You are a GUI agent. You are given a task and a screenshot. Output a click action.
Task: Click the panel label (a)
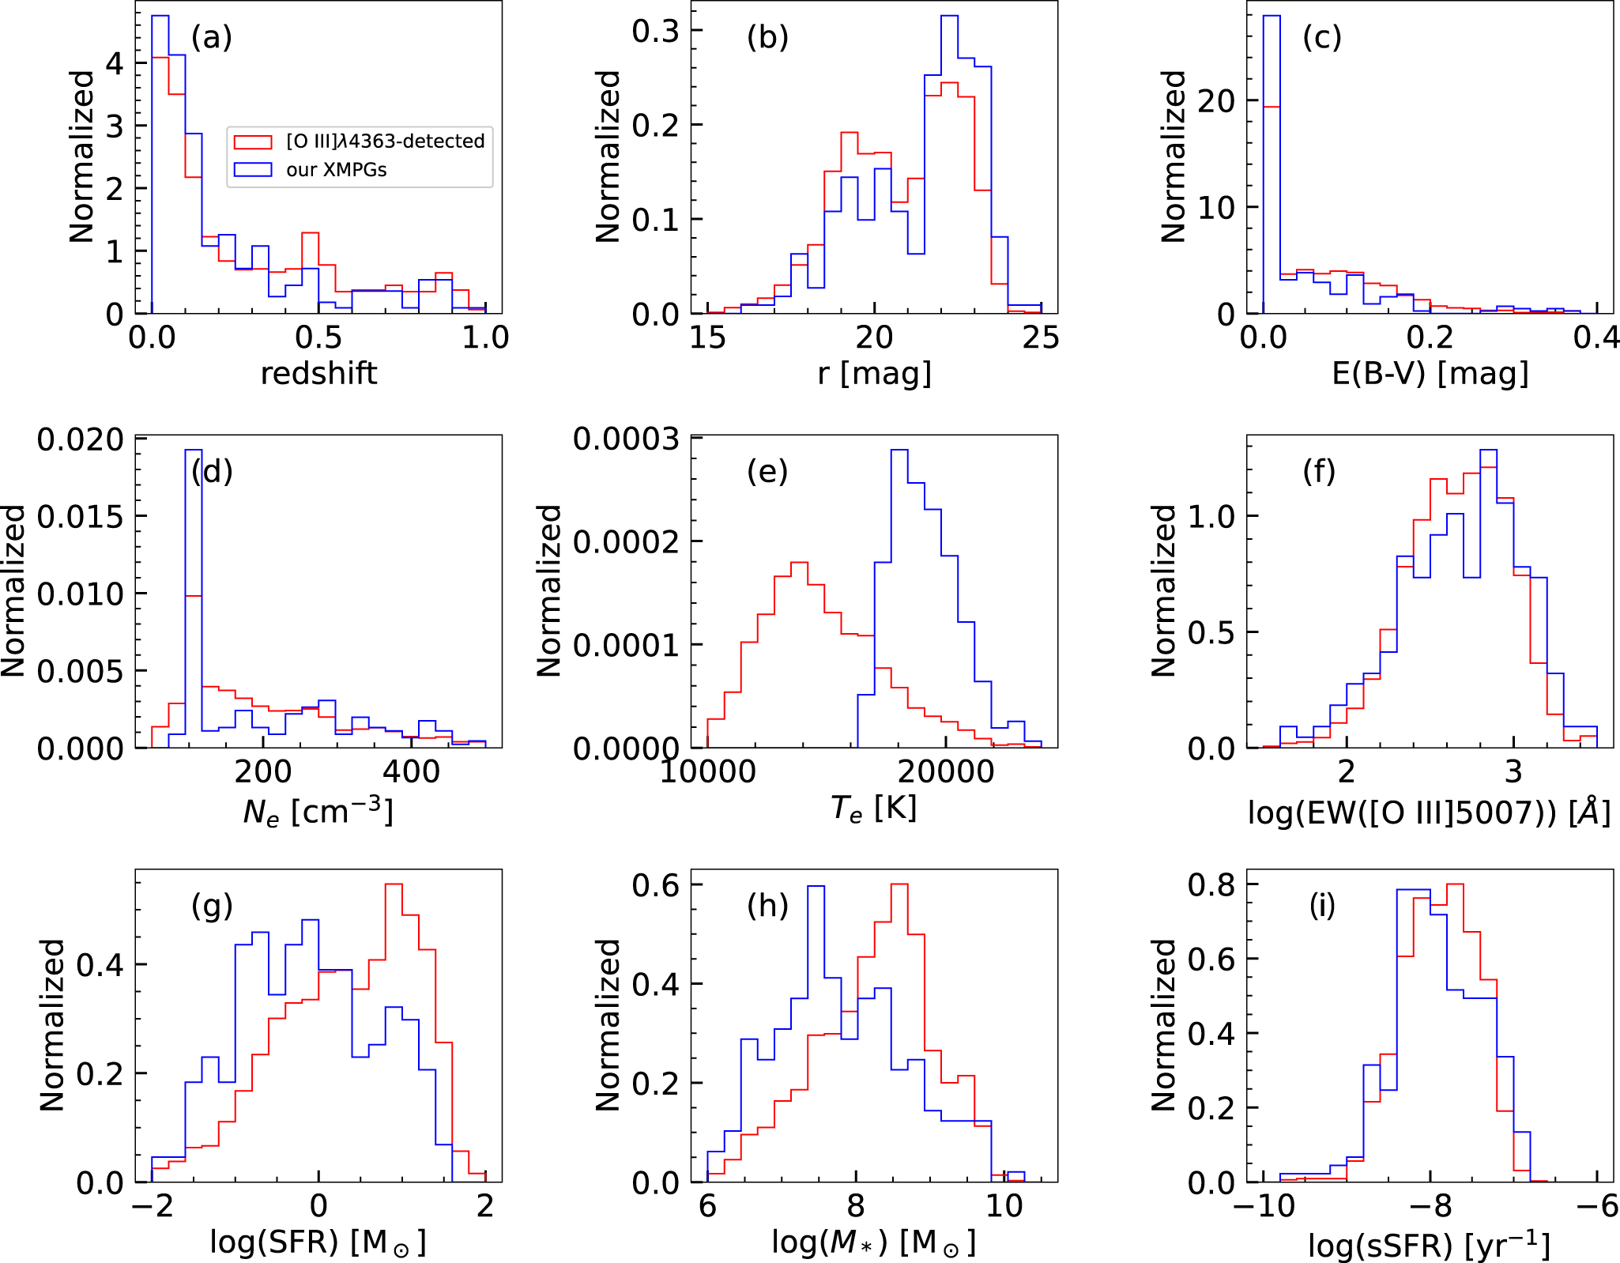pos(212,37)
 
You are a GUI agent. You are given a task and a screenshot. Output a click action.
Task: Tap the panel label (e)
pos(767,471)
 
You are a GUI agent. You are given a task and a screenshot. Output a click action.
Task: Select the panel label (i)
pos(1322,906)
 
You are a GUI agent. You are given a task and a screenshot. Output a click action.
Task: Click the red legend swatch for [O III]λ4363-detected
pos(253,141)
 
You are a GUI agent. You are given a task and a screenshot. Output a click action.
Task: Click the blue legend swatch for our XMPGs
pos(253,170)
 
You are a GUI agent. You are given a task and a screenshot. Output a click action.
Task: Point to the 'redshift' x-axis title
pos(318,373)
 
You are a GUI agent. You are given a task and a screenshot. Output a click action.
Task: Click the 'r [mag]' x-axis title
pos(874,373)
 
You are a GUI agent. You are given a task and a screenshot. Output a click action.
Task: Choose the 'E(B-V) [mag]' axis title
pos(1430,373)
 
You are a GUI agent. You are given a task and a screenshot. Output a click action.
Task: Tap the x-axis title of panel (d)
pos(318,811)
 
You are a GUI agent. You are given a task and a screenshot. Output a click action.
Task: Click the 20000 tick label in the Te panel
pos(946,771)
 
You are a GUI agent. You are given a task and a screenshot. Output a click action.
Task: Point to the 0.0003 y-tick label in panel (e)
pos(625,438)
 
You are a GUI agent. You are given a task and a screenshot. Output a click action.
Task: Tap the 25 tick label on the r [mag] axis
pos(1041,337)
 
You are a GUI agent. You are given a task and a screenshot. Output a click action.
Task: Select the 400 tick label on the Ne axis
pos(415,771)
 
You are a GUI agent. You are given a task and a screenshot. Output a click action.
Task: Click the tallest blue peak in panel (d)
pos(194,451)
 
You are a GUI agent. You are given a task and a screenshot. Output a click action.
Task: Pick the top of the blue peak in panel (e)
pos(899,451)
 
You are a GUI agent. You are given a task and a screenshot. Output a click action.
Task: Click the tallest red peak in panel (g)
pos(394,884)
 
